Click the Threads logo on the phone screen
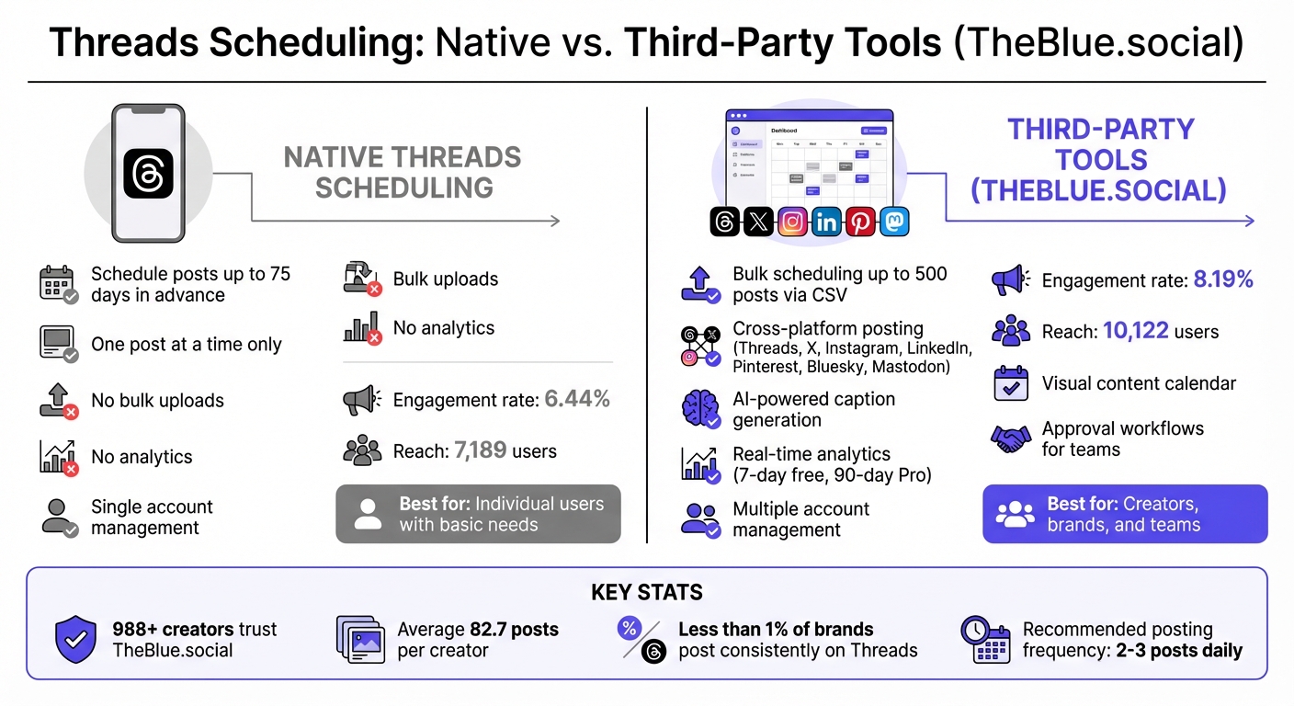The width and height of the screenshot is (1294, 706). pos(148,173)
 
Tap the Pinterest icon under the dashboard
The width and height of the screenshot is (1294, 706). pos(860,222)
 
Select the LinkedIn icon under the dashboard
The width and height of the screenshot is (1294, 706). pos(826,222)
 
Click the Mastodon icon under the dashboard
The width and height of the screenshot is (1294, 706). pos(894,222)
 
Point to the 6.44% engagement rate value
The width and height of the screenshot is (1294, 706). pos(577,399)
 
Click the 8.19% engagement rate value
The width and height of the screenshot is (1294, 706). pos(1223,280)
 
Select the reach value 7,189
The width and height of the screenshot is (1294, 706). pos(481,450)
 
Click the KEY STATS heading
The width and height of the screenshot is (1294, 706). pos(647,592)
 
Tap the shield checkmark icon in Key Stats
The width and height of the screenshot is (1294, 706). pos(75,640)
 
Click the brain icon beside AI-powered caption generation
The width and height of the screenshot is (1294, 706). pos(700,409)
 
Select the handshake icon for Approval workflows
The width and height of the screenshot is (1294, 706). pos(1011,438)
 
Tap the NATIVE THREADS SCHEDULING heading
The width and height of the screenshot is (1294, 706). pos(403,172)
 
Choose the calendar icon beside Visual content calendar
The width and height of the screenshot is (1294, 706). pos(1011,383)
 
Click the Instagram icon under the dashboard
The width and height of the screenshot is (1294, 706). pos(792,222)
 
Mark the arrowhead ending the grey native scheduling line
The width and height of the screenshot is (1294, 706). pos(554,221)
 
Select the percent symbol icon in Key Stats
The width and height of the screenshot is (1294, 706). pos(630,630)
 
